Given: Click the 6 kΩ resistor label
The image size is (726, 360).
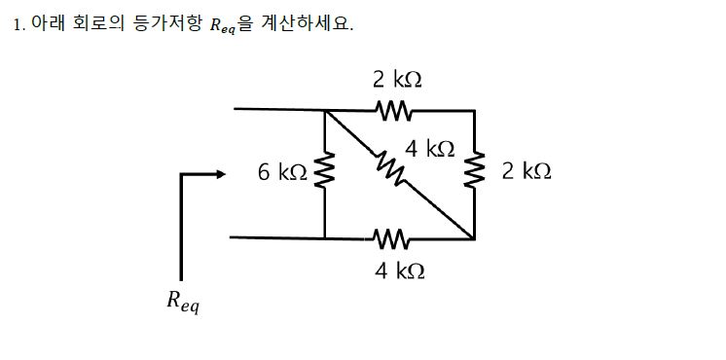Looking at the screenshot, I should (282, 173).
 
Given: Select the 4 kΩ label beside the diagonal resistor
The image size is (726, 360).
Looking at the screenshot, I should (430, 149).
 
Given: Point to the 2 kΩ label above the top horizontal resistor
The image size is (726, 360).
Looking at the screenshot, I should (398, 79).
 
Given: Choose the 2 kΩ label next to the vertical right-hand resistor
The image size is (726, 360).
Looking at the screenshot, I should (526, 171).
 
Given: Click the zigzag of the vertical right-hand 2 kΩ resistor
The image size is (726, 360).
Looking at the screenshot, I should (474, 172).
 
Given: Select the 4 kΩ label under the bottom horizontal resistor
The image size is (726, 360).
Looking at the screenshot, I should (399, 270).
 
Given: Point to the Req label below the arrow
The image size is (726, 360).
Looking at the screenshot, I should (182, 304).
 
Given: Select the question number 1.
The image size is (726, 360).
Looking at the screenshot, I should (18, 24).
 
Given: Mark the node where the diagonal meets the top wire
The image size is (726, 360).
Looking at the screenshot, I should (325, 110).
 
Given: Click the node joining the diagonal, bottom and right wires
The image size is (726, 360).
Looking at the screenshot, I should (474, 237).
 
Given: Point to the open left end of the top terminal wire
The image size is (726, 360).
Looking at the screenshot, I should (236, 110).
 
